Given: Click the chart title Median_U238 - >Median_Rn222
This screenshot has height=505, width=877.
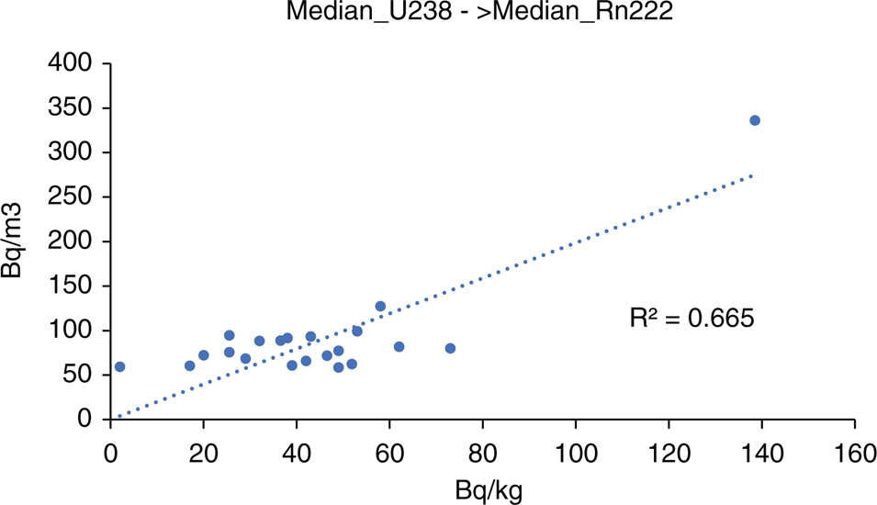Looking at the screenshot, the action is (x=479, y=11).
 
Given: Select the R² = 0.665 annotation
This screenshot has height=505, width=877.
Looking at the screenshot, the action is (x=691, y=319).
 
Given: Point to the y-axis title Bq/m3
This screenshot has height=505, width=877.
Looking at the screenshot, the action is (x=12, y=241).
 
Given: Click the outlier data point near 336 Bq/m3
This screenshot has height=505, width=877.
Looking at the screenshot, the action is (x=755, y=120).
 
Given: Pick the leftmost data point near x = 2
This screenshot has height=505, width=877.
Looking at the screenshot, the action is (x=119, y=367).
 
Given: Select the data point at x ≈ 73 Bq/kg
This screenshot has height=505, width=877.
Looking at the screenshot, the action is (x=450, y=348).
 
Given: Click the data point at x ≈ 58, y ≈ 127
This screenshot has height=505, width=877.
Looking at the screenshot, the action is (x=380, y=307).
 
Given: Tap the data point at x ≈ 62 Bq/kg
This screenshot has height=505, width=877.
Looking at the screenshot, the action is (x=399, y=347).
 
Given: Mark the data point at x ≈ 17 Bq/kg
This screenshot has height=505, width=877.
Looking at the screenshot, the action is (x=189, y=365).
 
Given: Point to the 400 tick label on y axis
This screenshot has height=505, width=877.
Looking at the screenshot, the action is (x=70, y=62).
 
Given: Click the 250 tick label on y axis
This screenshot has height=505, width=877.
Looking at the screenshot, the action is (x=70, y=196).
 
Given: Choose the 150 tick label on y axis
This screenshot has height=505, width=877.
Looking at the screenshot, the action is (x=70, y=286).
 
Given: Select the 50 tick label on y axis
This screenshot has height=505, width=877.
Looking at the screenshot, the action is (x=77, y=374).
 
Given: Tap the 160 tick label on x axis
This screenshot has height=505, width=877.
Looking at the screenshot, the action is (x=855, y=453).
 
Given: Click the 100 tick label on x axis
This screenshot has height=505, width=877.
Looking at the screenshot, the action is (x=576, y=453).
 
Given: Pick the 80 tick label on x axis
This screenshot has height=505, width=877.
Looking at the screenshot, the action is (x=483, y=453).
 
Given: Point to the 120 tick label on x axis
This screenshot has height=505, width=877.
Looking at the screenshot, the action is (x=669, y=453).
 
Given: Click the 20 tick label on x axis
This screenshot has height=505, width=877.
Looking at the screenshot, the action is (x=204, y=453).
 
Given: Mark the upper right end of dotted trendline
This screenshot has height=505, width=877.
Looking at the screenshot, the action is (x=752, y=175).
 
